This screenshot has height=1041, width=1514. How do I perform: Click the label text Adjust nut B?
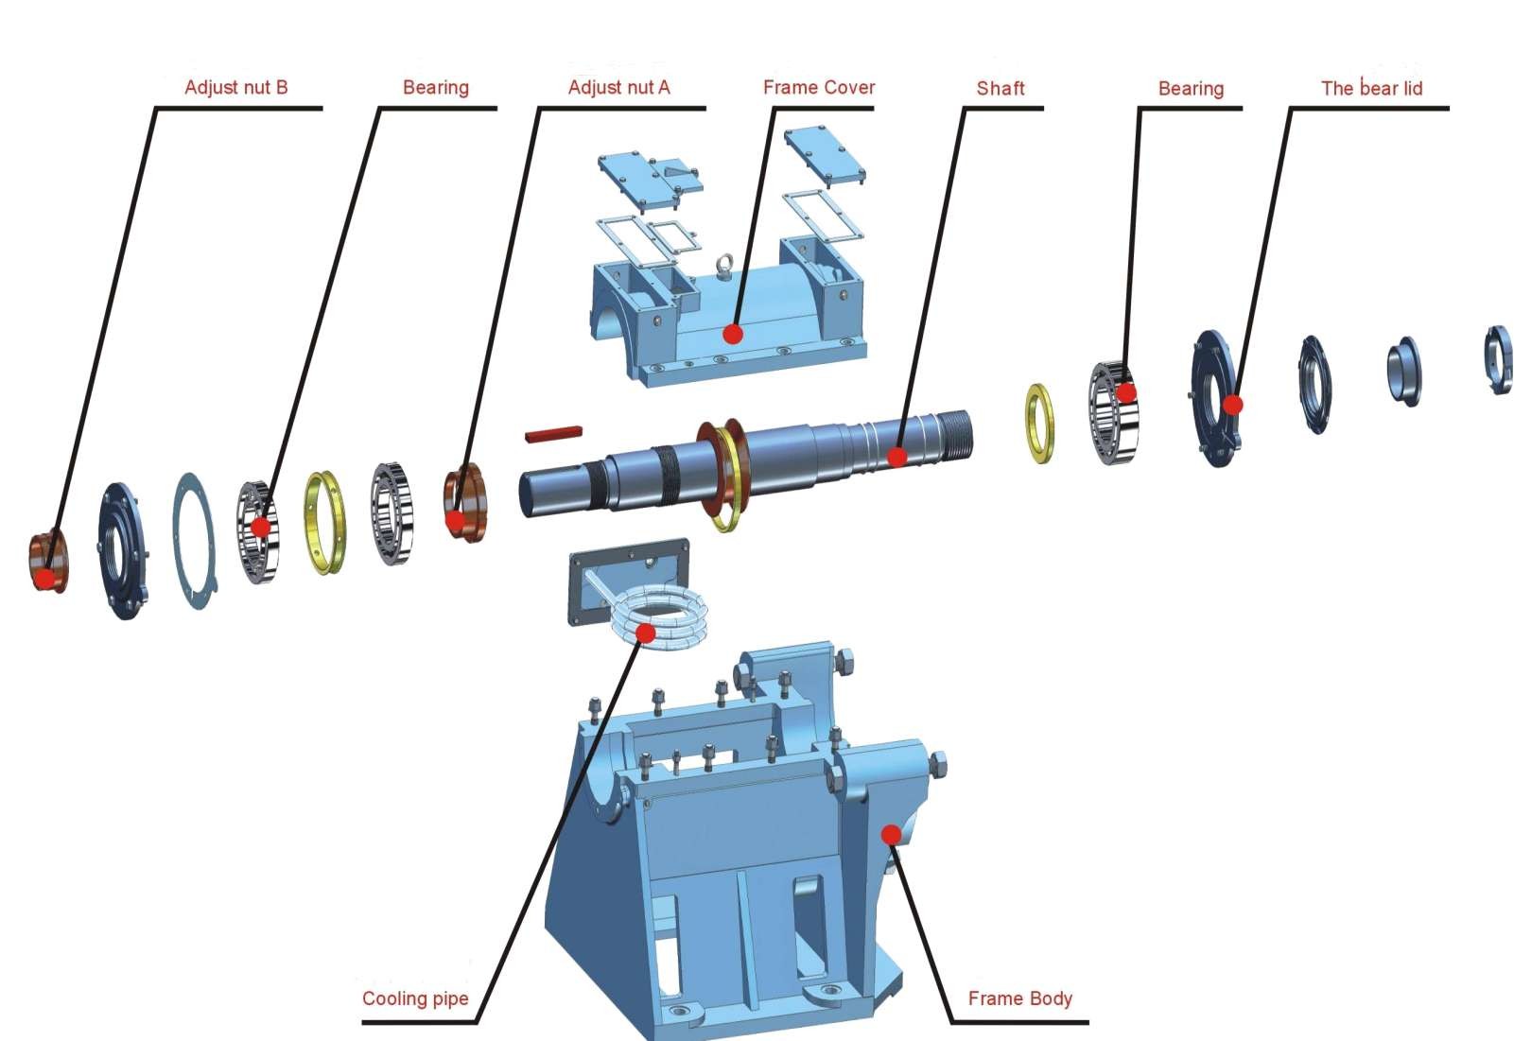tap(235, 88)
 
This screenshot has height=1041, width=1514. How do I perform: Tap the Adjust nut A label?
tap(618, 88)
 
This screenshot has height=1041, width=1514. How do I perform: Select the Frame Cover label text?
tap(818, 88)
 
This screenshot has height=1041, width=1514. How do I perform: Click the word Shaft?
tap(1001, 89)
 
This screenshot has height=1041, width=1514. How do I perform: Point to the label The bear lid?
tap(1371, 89)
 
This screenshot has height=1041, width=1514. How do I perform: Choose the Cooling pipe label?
tap(415, 998)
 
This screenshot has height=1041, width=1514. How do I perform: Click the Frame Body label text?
tap(1019, 998)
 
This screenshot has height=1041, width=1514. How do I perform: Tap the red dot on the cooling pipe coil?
tap(646, 633)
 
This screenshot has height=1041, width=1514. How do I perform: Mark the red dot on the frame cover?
tap(733, 334)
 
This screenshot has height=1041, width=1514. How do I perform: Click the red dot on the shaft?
tap(897, 458)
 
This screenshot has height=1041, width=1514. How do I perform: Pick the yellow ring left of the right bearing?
tap(1039, 423)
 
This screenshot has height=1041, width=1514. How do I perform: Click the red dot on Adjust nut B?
tap(44, 578)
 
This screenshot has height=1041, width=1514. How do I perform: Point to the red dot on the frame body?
tap(890, 834)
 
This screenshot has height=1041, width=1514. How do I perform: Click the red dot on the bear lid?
tap(1232, 405)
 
